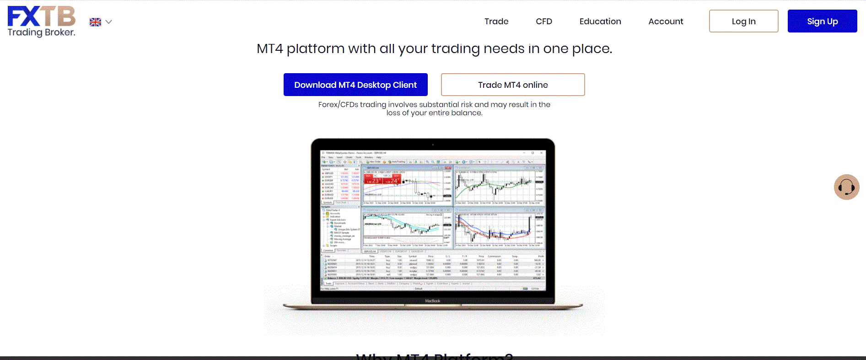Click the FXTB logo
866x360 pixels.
pyautogui.click(x=41, y=16)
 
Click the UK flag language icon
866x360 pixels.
pyautogui.click(x=95, y=22)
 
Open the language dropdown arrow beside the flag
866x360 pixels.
pyautogui.click(x=108, y=22)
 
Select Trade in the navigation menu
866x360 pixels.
pyautogui.click(x=496, y=21)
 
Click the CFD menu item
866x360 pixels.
pyautogui.click(x=544, y=21)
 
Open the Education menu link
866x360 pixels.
pyautogui.click(x=600, y=21)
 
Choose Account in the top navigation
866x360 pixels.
pyautogui.click(x=666, y=21)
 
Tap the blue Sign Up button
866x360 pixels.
pyautogui.click(x=822, y=21)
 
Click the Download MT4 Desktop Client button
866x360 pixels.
pyautogui.click(x=355, y=85)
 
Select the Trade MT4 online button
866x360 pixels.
pyautogui.click(x=513, y=85)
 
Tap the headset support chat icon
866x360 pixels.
pyautogui.click(x=846, y=187)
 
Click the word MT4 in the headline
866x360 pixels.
pyautogui.click(x=270, y=49)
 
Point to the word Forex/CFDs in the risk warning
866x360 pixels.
pyautogui.click(x=338, y=105)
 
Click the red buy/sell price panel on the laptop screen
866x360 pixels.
pyautogui.click(x=382, y=179)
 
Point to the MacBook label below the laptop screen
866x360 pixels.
pyautogui.click(x=433, y=301)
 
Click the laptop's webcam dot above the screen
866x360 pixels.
pyautogui.click(x=433, y=145)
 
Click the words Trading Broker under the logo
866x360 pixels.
pyautogui.click(x=41, y=32)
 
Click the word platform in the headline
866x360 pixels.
pyautogui.click(x=315, y=49)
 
